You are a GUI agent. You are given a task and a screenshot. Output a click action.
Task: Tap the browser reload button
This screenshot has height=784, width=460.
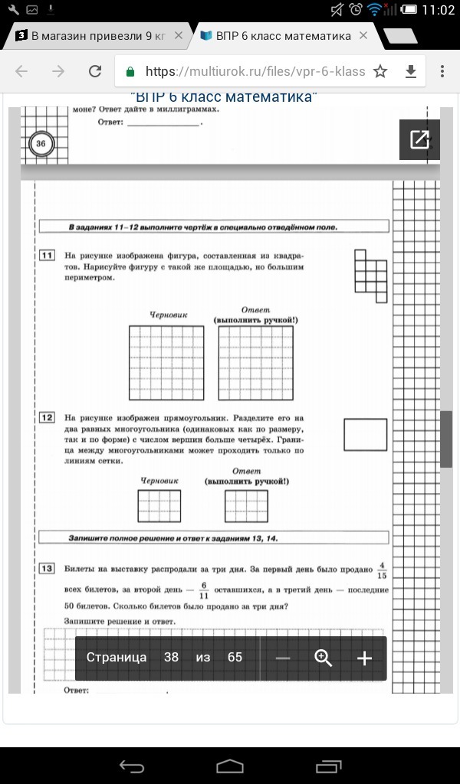(x=95, y=71)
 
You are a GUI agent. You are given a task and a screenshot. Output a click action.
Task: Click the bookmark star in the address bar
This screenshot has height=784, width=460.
(x=380, y=71)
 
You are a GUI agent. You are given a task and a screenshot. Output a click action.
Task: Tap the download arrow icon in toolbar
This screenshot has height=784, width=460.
(x=411, y=71)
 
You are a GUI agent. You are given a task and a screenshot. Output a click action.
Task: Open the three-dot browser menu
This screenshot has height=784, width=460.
(x=442, y=71)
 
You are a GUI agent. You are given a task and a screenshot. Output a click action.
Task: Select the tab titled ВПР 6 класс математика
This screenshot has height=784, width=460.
(x=284, y=36)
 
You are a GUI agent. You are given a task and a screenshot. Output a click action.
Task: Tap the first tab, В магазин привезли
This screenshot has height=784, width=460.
(x=98, y=36)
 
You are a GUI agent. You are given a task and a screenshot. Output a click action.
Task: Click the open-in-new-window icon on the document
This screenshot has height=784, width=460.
(x=419, y=139)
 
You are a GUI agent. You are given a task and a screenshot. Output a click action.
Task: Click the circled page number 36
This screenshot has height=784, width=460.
(x=41, y=143)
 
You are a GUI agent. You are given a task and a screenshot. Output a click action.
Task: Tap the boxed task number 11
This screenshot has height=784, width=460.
(x=47, y=255)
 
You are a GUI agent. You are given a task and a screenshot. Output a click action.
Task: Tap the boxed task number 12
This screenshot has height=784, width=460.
(x=47, y=417)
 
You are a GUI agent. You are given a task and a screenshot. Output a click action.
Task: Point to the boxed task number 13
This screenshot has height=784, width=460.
(x=47, y=568)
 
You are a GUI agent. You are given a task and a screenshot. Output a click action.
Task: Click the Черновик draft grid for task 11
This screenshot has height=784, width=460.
(x=166, y=362)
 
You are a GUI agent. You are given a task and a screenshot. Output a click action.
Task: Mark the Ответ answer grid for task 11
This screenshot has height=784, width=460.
(x=256, y=362)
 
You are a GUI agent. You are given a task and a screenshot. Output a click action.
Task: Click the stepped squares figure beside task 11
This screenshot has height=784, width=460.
(x=370, y=270)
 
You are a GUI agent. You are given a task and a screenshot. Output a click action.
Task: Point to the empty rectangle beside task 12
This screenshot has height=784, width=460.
(x=366, y=434)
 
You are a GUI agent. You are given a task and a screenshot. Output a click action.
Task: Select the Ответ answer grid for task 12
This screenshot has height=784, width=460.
(x=246, y=506)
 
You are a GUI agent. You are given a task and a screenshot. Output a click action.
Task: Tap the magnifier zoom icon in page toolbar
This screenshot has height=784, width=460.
(x=323, y=658)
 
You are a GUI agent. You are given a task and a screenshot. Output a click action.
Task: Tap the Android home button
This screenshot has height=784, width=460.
(x=230, y=766)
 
